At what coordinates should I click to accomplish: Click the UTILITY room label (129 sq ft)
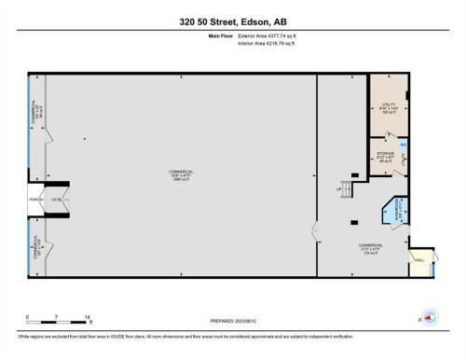coord(389,108)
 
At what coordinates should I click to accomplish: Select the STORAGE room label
coord(386,156)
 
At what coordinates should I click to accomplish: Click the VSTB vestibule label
coord(55,200)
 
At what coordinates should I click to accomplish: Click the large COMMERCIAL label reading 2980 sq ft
coord(181,175)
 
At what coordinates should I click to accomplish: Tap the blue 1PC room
coord(403,145)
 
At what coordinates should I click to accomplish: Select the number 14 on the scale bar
coord(87,318)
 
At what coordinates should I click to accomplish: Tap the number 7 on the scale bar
coord(57,318)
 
